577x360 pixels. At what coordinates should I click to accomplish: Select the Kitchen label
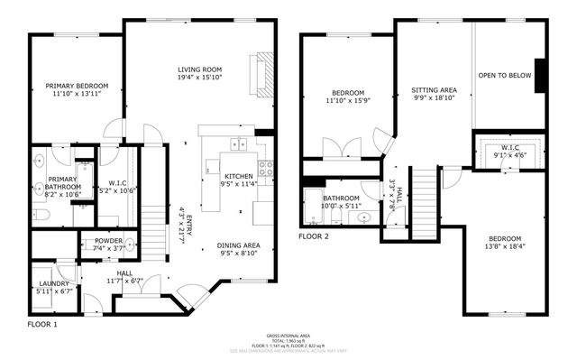click(239, 175)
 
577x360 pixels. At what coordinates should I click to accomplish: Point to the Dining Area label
click(239, 245)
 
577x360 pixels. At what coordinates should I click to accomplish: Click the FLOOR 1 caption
click(42, 323)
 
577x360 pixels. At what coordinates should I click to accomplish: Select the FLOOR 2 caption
click(315, 236)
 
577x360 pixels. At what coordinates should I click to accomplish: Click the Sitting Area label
click(434, 90)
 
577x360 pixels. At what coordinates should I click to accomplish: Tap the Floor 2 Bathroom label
click(342, 198)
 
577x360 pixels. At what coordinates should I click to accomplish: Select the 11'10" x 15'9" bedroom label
click(347, 93)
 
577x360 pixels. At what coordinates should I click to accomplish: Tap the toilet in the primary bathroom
click(41, 214)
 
